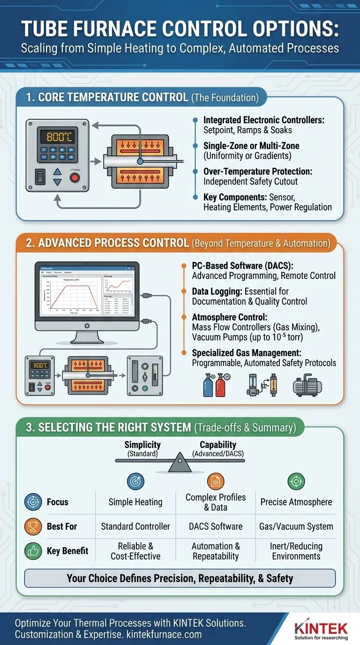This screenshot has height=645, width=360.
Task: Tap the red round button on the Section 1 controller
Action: tap(75, 178)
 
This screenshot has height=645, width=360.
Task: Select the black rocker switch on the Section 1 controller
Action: tap(41, 176)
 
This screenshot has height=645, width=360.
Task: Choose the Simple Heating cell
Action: tap(135, 502)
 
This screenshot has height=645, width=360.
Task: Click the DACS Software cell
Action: tap(216, 526)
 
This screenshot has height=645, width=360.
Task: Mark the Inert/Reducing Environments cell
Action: tap(296, 551)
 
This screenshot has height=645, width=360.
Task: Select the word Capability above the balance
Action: tap(218, 445)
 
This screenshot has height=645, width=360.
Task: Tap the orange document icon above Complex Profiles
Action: tap(216, 481)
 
